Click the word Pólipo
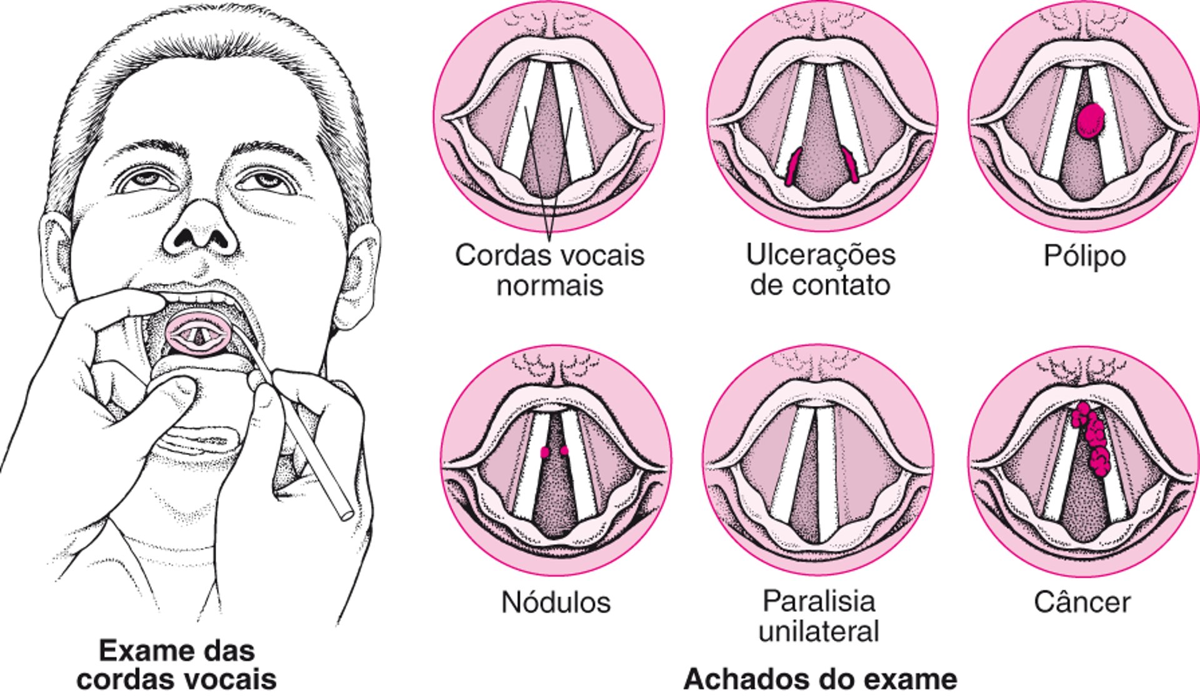click(x=1084, y=256)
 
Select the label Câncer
click(x=1082, y=602)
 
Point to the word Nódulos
click(x=556, y=602)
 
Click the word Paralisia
click(x=819, y=601)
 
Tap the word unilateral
click(x=819, y=631)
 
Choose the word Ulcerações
click(x=821, y=255)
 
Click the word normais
click(x=550, y=285)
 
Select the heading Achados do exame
click(x=820, y=679)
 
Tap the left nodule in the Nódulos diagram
click(x=545, y=452)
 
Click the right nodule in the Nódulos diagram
click(x=564, y=450)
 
